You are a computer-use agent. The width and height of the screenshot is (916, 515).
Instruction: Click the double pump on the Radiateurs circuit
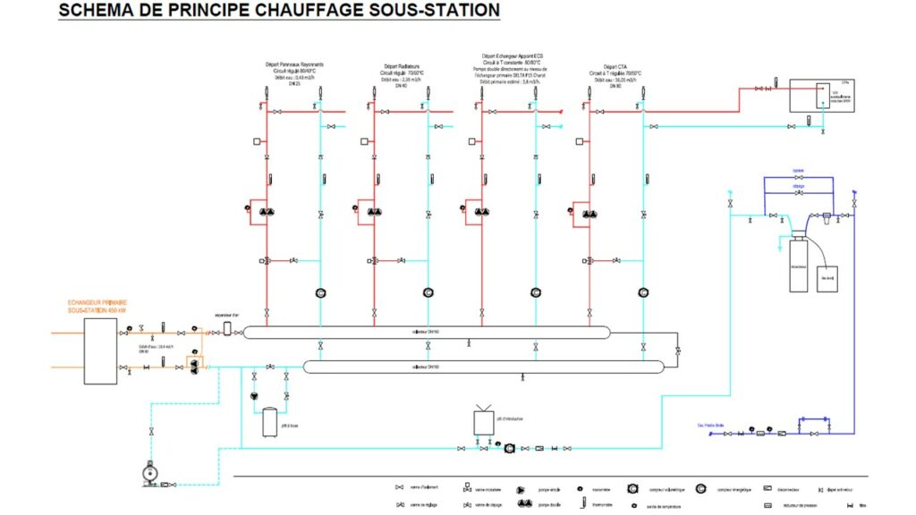tap(373, 212)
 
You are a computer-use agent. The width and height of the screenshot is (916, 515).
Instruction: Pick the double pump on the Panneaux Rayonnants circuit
tap(267, 212)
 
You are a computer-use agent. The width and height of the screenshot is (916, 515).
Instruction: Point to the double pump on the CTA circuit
tap(588, 213)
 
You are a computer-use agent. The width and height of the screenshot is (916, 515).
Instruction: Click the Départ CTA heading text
tap(615, 66)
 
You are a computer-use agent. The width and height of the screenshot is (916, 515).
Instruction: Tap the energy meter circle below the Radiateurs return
tap(428, 292)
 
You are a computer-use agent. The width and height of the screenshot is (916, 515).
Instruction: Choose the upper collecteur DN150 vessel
tap(426, 333)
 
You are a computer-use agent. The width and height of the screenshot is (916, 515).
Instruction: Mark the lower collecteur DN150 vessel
tap(483, 367)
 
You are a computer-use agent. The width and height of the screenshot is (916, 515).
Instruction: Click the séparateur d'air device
tap(227, 329)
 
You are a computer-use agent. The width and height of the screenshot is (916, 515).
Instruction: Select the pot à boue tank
tap(268, 422)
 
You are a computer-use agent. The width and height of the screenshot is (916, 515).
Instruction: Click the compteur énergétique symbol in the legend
tap(700, 488)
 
